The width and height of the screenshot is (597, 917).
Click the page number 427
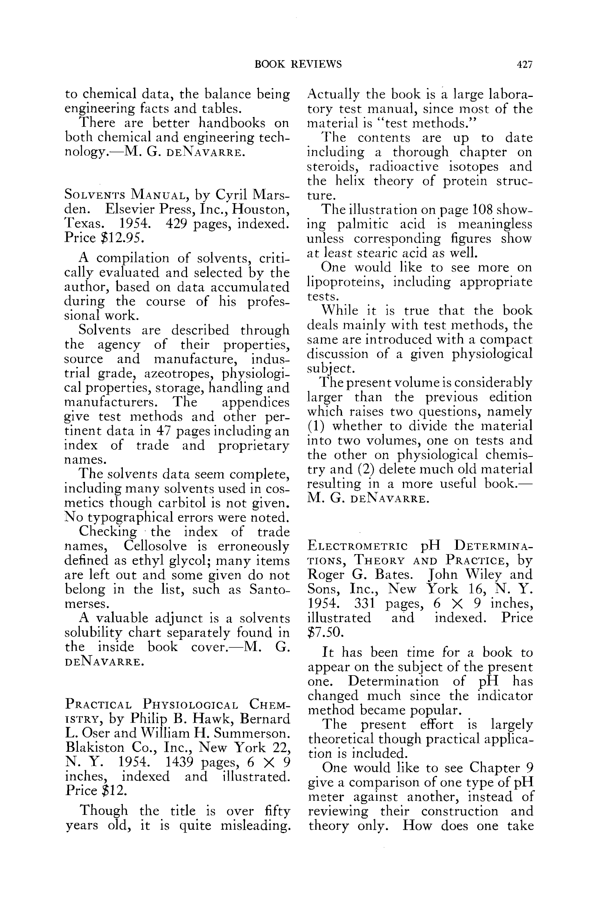524,64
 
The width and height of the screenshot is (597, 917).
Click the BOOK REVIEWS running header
298,64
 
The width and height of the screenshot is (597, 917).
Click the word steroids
334,166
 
